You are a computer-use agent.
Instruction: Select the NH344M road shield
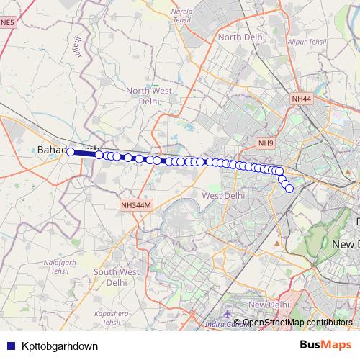[x=136, y=206]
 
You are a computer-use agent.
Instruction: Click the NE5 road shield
[x=7, y=23]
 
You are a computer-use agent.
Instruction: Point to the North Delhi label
[x=238, y=37]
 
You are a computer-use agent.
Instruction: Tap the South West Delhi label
[x=116, y=277]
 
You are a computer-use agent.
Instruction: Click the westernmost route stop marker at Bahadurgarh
[x=71, y=151]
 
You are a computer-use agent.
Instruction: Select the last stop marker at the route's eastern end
[x=289, y=189]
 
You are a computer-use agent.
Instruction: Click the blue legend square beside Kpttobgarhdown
[x=9, y=346]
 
